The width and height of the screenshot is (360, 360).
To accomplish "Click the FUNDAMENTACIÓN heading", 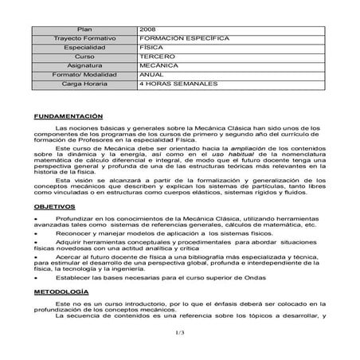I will pos(69,115).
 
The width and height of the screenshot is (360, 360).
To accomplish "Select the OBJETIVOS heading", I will pos(55,205).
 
